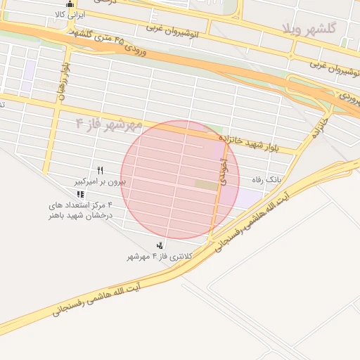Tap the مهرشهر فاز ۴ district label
[x=109, y=124]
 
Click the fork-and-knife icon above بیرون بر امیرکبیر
[x=101, y=170]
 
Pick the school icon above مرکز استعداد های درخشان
[x=81, y=194]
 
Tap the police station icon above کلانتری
[x=161, y=245]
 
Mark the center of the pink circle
[x=180, y=179]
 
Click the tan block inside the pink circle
[x=206, y=184]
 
